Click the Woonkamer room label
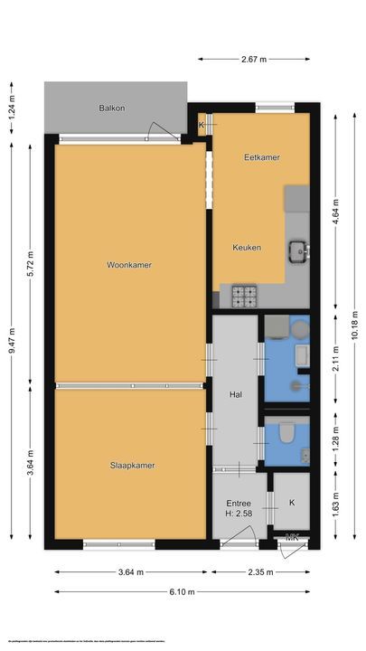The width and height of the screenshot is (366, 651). (128, 266)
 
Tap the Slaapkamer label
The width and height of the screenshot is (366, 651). (132, 466)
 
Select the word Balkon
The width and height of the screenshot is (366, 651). (112, 108)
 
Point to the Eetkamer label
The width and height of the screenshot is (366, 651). (261, 157)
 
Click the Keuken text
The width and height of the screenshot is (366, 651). (247, 247)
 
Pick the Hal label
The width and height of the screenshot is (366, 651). (236, 394)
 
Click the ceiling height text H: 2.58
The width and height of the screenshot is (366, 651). (238, 514)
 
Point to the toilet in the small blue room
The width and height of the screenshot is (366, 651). (287, 435)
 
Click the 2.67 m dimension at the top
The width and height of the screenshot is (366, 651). (254, 59)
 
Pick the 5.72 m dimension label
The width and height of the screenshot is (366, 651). (30, 262)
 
